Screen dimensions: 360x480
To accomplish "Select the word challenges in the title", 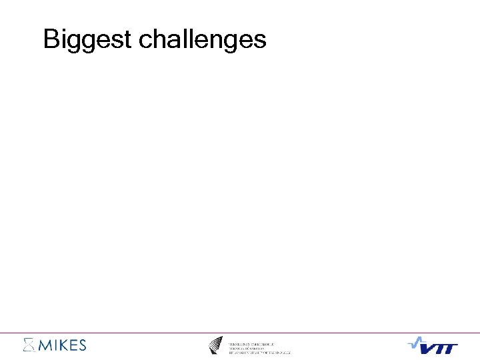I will [x=202, y=40].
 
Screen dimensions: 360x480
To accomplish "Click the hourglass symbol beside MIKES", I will [x=28, y=345].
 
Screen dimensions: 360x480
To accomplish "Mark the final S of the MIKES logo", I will [x=81, y=345].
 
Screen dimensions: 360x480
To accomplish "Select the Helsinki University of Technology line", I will [x=260, y=351].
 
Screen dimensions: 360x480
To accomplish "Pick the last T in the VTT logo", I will [x=452, y=348].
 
